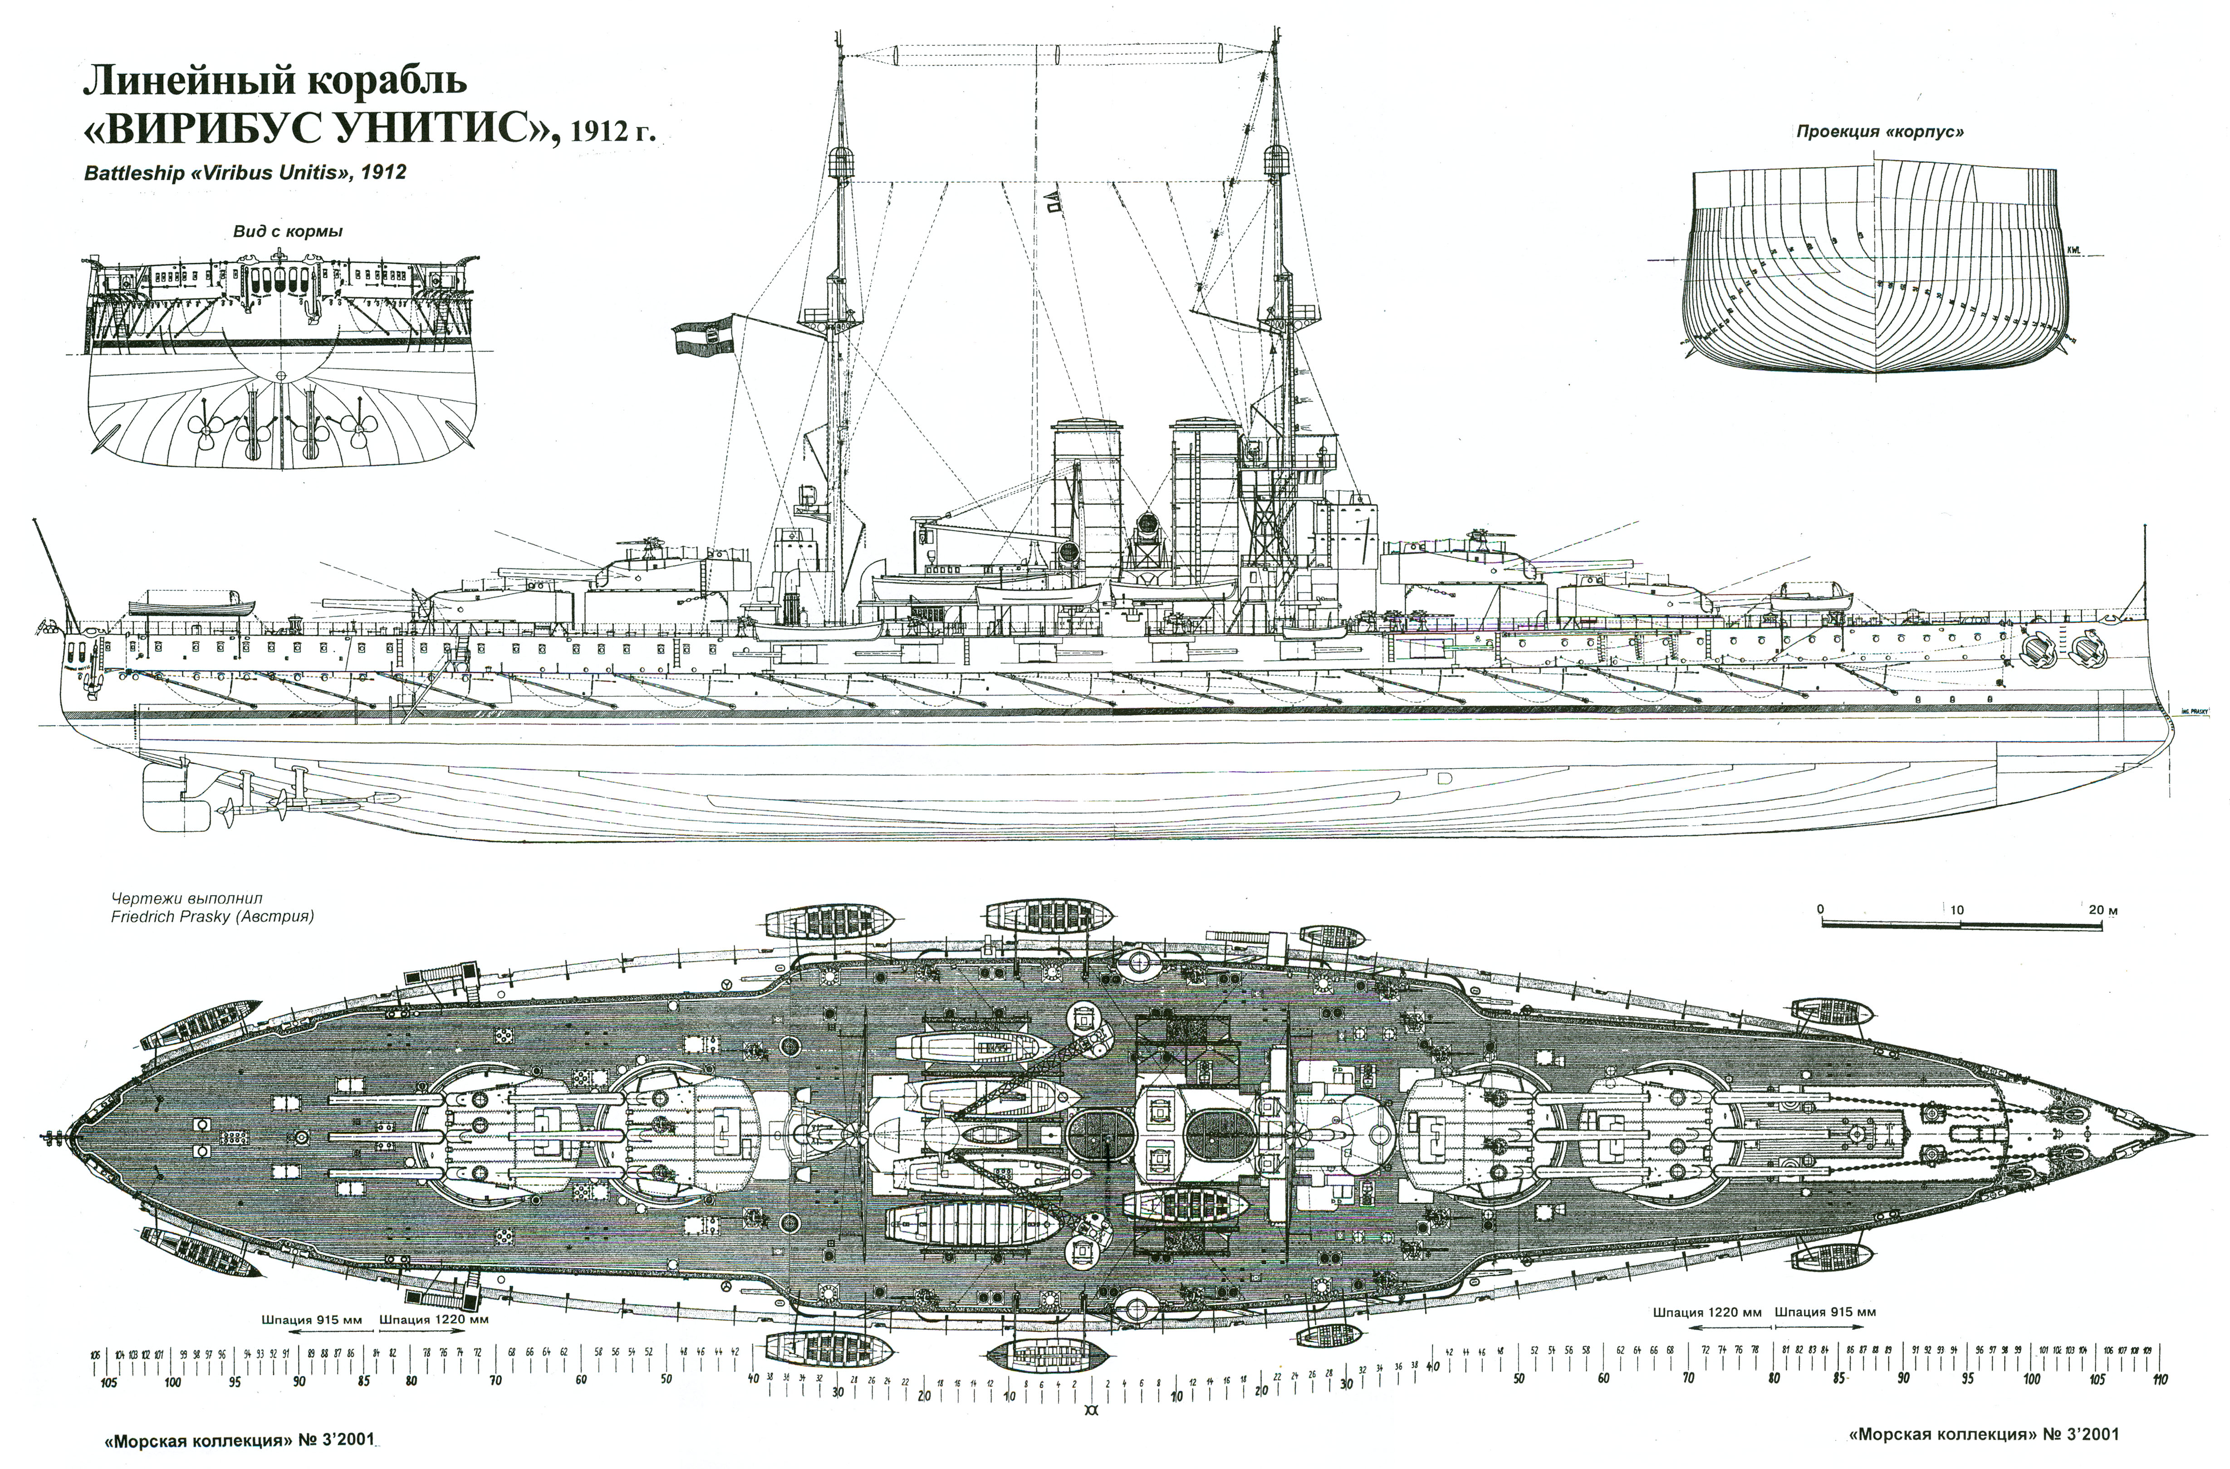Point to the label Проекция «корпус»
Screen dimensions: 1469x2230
pos(1879,131)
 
